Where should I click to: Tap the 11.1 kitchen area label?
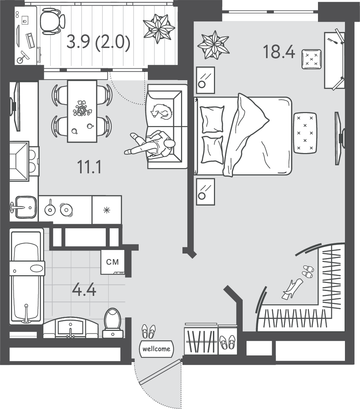89,167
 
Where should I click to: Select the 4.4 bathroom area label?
84,290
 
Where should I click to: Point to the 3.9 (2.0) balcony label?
98,42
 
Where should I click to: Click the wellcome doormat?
157,349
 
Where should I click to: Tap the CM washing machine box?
113,262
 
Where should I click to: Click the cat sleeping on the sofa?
161,112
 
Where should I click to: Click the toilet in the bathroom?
113,323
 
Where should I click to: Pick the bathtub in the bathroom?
26,277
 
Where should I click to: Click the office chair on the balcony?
53,21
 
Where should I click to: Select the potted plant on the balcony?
159,28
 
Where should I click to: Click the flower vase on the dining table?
82,108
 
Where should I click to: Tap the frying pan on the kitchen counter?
50,209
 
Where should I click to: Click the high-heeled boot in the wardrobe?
292,289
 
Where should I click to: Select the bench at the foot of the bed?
305,133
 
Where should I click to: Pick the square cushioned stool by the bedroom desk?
311,59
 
